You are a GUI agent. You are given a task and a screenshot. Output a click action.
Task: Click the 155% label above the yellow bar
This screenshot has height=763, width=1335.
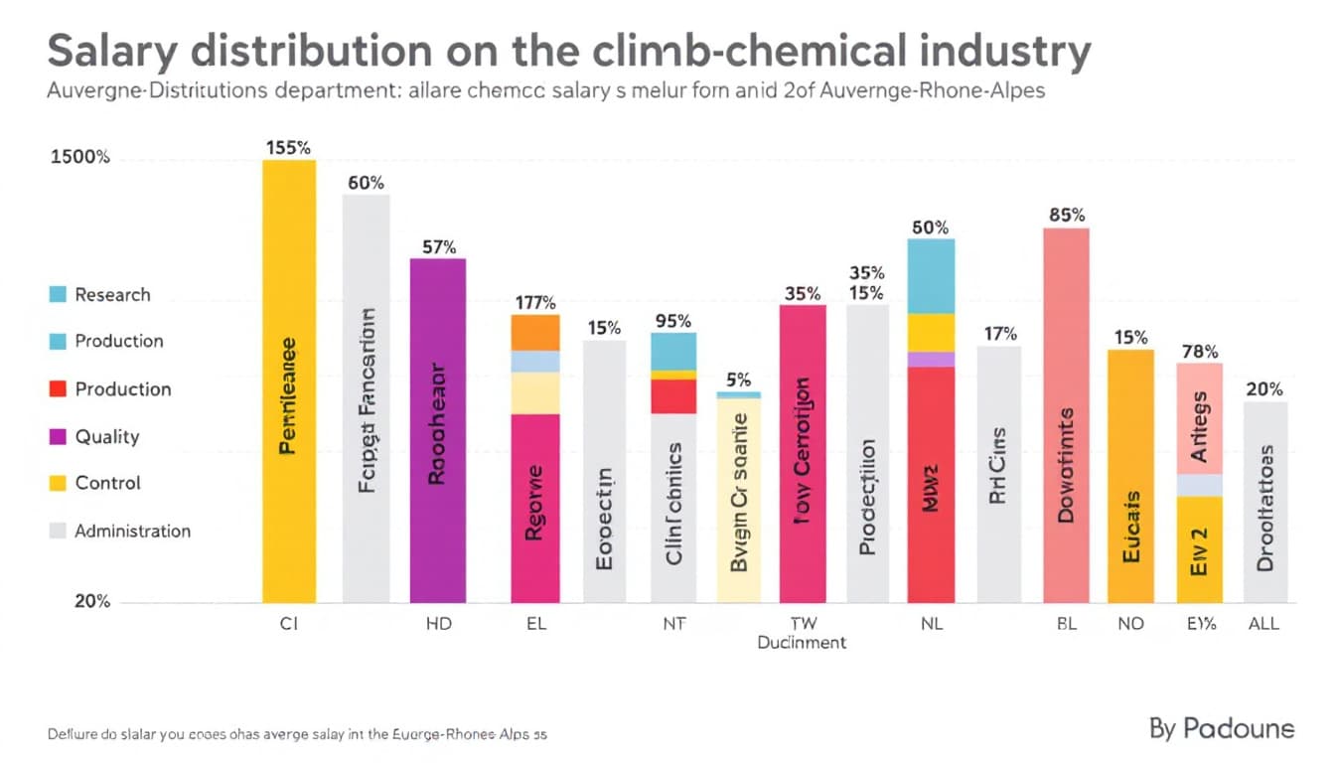click(289, 147)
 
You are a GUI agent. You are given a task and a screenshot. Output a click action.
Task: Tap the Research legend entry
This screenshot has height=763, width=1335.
click(112, 294)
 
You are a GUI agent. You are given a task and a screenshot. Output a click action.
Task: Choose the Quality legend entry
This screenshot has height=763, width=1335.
click(107, 436)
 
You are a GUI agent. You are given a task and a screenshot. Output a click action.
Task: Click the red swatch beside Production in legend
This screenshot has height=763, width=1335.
click(58, 388)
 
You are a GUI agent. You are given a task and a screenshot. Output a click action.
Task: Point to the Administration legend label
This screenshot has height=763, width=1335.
click(132, 531)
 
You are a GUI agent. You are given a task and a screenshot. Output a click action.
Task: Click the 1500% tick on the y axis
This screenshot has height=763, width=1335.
click(79, 157)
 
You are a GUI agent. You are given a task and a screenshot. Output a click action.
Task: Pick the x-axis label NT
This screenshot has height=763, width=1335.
click(674, 624)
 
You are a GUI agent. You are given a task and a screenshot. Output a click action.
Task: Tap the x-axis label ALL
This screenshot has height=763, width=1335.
click(1263, 624)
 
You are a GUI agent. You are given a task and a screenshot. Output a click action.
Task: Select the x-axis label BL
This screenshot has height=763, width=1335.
click(1067, 624)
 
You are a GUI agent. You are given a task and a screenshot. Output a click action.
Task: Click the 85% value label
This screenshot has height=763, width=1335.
click(1067, 215)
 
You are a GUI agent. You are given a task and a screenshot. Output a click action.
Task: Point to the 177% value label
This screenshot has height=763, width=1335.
click(534, 303)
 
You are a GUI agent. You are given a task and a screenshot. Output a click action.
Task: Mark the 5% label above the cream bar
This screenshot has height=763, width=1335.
click(739, 379)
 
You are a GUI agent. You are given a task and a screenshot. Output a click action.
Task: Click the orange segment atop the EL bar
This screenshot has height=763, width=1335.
click(535, 332)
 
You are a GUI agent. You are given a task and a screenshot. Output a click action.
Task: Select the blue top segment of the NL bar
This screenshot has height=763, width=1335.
click(931, 275)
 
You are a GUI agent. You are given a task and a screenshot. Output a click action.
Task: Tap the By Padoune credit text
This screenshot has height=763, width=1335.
click(1222, 728)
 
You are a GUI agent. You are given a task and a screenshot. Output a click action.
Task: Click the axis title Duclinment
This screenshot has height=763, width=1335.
click(802, 643)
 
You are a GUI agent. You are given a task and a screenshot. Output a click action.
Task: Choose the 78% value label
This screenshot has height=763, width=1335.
click(1199, 351)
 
